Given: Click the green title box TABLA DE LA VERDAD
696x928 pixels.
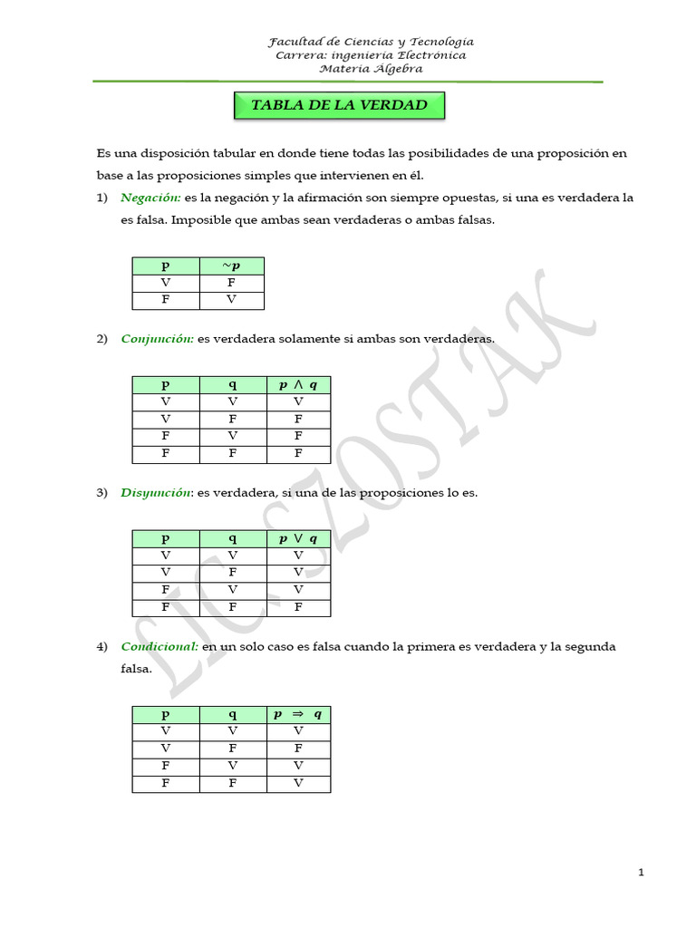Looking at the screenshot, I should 339,105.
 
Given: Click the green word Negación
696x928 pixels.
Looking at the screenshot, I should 150,198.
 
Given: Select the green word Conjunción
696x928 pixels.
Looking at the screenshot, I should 157,339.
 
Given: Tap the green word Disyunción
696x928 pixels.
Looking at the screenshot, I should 157,493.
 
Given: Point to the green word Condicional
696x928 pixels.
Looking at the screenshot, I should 159,647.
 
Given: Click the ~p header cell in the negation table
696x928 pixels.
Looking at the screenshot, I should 231,266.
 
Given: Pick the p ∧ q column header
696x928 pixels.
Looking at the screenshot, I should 297,385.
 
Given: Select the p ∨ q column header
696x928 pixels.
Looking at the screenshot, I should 297,539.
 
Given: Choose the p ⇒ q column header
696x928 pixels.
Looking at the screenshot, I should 297,714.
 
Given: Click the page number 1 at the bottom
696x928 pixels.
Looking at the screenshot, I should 641,873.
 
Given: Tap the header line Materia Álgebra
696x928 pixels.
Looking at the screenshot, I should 371,69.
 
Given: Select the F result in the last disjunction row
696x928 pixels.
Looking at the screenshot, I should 297,608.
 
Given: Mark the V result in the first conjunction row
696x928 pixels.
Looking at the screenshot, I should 297,402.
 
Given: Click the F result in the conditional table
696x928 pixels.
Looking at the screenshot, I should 297,749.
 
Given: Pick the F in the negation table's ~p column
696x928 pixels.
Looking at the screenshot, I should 231,283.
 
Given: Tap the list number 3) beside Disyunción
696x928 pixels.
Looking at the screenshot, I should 102,493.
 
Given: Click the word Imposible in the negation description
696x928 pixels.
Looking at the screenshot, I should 201,220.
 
